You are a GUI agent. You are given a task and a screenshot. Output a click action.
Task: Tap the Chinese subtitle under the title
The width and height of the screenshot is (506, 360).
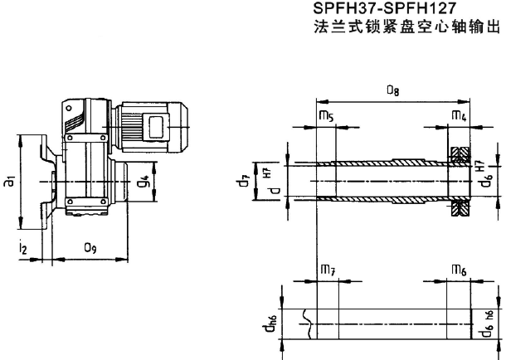click(x=405, y=27)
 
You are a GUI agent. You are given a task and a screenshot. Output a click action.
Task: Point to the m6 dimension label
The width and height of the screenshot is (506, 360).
click(x=458, y=270)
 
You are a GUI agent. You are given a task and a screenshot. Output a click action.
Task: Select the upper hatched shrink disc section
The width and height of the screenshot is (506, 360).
click(x=460, y=153)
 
